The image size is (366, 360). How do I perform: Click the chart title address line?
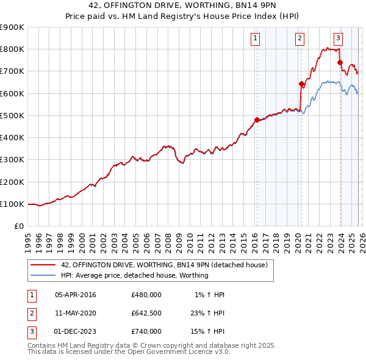click(183, 7)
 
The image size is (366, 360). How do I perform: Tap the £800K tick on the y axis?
click(12, 49)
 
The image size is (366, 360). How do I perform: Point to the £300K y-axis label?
click(12, 160)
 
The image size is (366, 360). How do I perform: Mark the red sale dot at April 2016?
click(257, 120)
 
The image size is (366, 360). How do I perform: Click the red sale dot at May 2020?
click(301, 84)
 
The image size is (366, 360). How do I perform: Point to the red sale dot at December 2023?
click(340, 62)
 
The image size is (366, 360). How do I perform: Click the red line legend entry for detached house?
click(164, 265)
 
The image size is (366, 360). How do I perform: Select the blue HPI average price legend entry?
click(135, 275)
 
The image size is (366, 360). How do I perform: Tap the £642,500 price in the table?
click(146, 313)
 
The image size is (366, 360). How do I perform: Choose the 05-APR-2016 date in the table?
click(76, 295)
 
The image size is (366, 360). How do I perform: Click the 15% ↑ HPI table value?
click(209, 331)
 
